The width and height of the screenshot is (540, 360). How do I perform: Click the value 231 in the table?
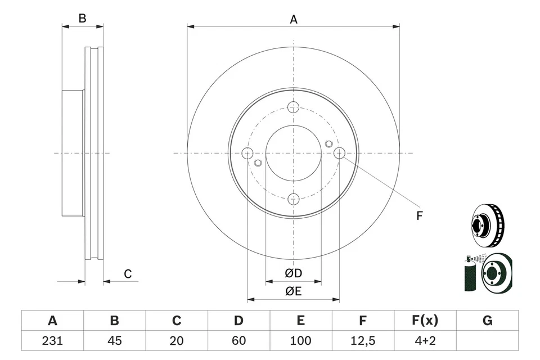(x=52, y=340)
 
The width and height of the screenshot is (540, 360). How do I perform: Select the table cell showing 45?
(x=114, y=340)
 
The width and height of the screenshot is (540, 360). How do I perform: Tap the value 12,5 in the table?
(x=363, y=340)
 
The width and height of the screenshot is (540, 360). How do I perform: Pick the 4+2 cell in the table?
(x=425, y=340)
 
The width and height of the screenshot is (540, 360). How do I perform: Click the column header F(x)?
(x=425, y=321)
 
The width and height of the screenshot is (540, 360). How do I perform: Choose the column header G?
(x=487, y=321)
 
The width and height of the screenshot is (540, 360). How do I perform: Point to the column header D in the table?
(x=238, y=321)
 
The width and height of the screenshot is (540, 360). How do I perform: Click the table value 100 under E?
(x=301, y=340)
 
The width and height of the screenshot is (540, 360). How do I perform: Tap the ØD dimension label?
(x=293, y=273)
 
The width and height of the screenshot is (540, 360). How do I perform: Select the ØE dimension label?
(x=293, y=291)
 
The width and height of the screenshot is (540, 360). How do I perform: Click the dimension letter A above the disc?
(x=293, y=20)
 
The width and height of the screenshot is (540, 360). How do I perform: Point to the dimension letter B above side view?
(x=82, y=18)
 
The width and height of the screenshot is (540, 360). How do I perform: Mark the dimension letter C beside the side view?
(x=128, y=274)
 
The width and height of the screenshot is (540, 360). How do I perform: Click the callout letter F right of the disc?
(x=419, y=215)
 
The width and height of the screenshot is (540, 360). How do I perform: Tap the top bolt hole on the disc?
(x=293, y=107)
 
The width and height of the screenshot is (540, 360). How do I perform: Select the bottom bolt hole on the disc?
(x=293, y=199)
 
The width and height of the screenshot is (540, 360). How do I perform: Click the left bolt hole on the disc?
(x=247, y=153)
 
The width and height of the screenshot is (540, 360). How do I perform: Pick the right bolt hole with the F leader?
(x=339, y=153)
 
